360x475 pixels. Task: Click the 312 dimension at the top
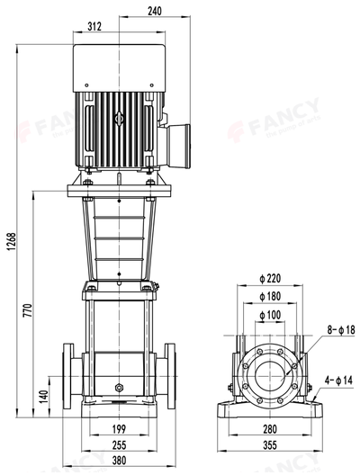(94, 26)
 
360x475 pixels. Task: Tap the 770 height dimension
(28, 310)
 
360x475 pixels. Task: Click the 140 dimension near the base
(42, 396)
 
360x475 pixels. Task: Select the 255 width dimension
(120, 444)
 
